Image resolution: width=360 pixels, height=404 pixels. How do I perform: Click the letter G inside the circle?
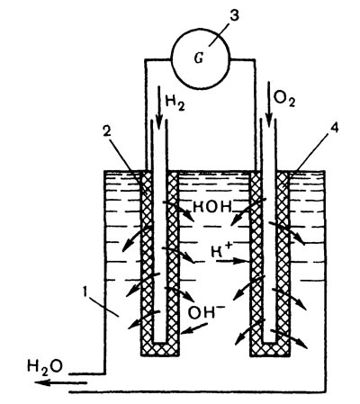[x=199, y=58]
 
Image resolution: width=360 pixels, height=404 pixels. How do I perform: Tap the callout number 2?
[x=106, y=132]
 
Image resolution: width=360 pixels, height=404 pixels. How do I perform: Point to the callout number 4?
[x=334, y=129]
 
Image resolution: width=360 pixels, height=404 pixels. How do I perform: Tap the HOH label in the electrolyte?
[x=212, y=207]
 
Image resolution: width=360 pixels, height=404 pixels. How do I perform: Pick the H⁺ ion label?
[x=220, y=251]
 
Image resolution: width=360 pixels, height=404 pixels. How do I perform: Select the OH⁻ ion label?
[x=202, y=312]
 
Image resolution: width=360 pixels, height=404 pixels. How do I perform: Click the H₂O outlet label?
[x=45, y=366]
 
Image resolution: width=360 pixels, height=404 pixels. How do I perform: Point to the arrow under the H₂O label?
[x=60, y=382]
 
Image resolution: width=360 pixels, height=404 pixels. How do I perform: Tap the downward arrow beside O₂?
[x=268, y=105]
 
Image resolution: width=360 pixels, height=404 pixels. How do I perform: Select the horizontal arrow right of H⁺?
[x=231, y=261]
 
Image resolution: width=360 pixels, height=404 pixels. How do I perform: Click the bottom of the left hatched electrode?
[x=159, y=349]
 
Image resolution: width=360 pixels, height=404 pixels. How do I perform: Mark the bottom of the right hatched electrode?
[x=270, y=349]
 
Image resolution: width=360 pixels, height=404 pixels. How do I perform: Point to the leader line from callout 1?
[x=103, y=308]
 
